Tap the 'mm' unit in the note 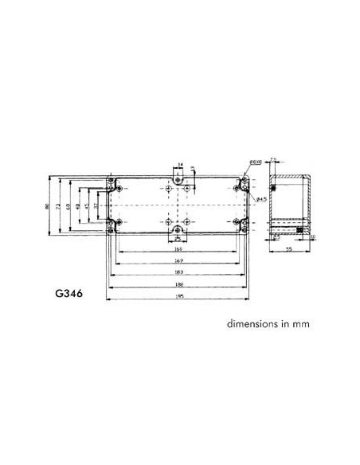(299, 325)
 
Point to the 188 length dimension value (179, 283)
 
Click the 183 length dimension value (179, 272)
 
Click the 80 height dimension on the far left (49, 207)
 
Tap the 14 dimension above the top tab (180, 164)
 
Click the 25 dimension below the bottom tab (179, 238)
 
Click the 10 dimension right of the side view (313, 237)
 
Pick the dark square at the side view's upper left (272, 189)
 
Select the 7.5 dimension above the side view (272, 161)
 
